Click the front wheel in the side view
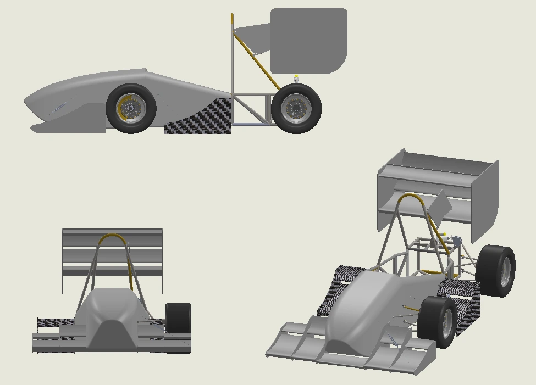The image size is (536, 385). pos(131,109)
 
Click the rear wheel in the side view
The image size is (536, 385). pos(296,109)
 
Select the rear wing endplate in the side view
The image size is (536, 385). pos(308,40)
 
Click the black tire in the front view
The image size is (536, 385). pos(178,318)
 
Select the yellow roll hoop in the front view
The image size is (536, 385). pos(113,237)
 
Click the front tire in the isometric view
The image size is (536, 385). pos(436,322)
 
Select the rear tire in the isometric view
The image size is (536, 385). pos(498,271)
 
